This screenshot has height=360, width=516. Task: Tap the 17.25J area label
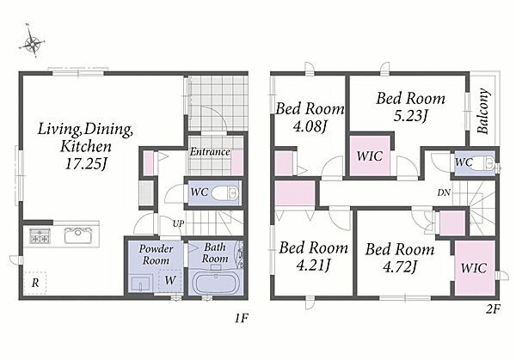[x=86, y=164]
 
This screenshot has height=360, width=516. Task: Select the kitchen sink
[x=77, y=235]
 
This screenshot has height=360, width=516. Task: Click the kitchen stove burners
[x=40, y=235]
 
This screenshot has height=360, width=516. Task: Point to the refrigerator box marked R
[x=35, y=283]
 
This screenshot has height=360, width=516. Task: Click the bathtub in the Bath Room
[x=215, y=283]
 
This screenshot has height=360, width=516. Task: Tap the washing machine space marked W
[x=170, y=280]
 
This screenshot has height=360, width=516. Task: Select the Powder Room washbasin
[x=142, y=284]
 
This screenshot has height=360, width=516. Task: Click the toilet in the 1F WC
[x=224, y=193]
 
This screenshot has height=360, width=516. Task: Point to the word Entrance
[x=210, y=151]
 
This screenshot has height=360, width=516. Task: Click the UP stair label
[x=178, y=223]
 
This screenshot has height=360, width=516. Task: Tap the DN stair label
[x=444, y=192]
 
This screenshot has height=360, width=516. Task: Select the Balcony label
[x=483, y=111]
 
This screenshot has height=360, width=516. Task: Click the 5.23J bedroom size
[x=410, y=116]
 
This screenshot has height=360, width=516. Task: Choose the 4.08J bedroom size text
[x=310, y=126]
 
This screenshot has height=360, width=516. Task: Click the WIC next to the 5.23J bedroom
[x=370, y=156]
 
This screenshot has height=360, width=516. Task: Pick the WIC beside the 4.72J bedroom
[x=475, y=267]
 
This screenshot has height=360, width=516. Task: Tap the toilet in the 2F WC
[x=482, y=163]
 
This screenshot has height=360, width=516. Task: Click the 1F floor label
[x=241, y=318]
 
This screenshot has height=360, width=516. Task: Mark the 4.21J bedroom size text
[x=313, y=265]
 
